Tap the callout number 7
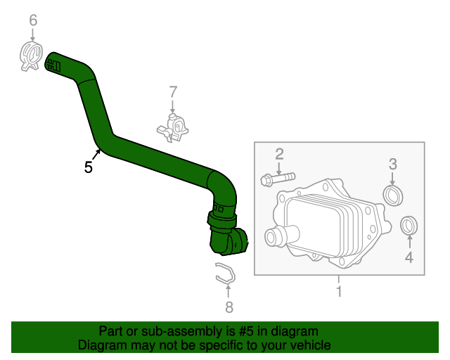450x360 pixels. pyautogui.click(x=173, y=91)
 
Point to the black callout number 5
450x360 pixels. pyautogui.click(x=88, y=167)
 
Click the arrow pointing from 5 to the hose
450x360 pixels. pyautogui.click(x=96, y=155)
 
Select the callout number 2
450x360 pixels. pyautogui.click(x=279, y=154)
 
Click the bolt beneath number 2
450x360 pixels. pyautogui.click(x=276, y=179)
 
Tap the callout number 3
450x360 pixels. pyautogui.click(x=393, y=165)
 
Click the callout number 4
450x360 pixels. pyautogui.click(x=409, y=257)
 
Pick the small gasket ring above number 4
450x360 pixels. pyautogui.click(x=408, y=226)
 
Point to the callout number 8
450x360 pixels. pyautogui.click(x=228, y=307)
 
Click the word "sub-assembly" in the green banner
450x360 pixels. pyautogui.click(x=172, y=331)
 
